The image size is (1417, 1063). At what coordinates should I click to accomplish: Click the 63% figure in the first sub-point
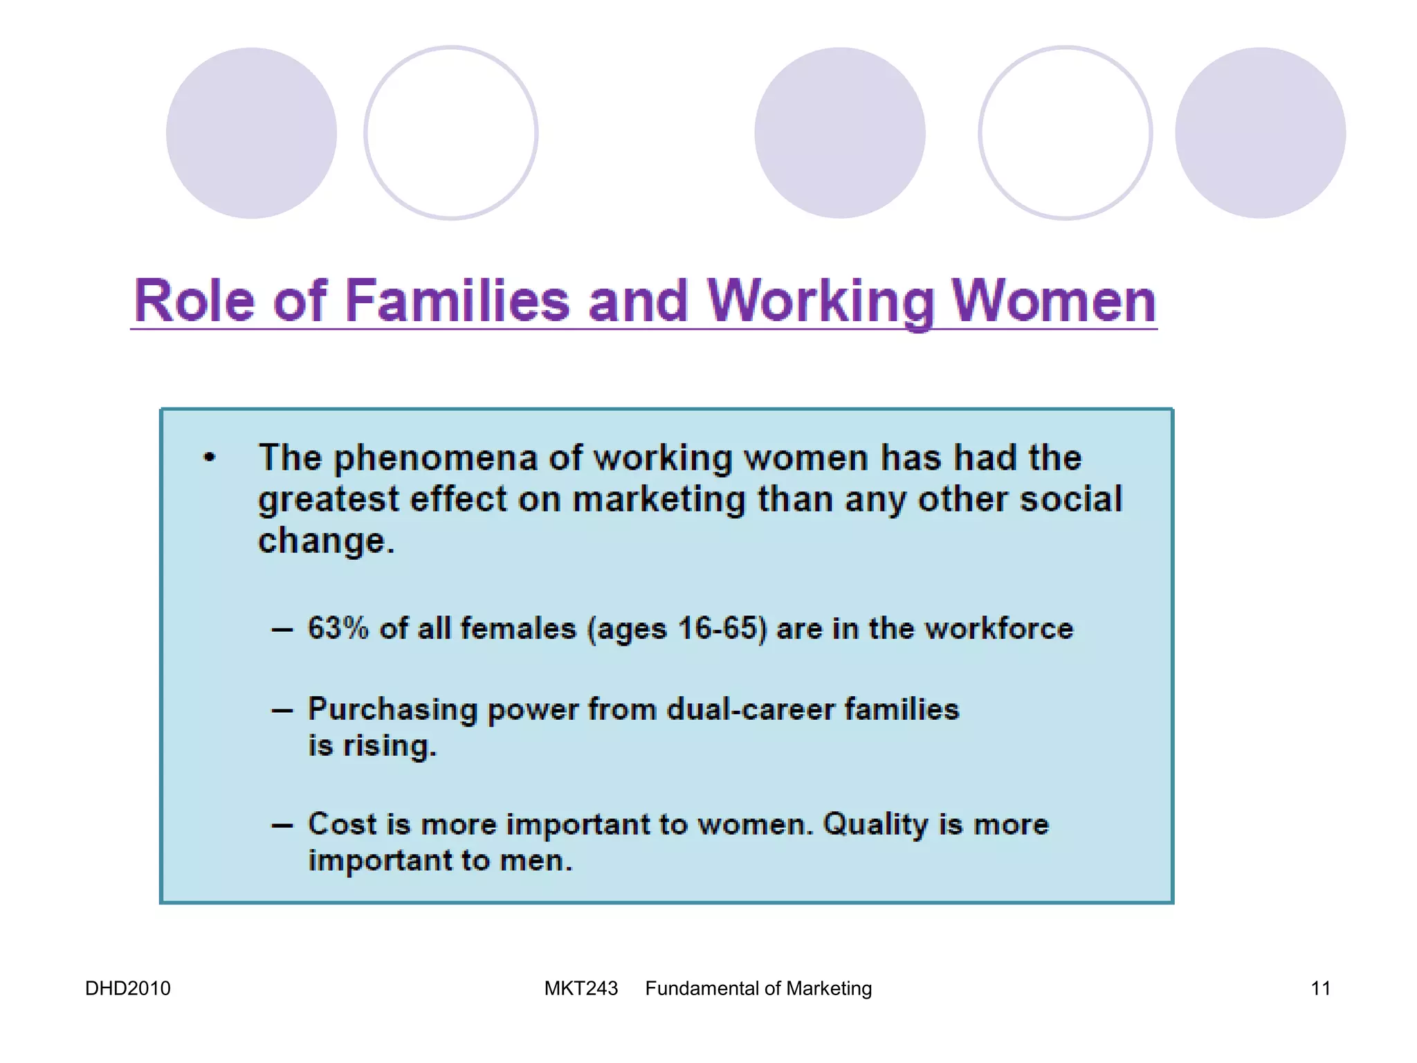tap(338, 628)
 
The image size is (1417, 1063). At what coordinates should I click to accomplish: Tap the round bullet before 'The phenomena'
tap(210, 457)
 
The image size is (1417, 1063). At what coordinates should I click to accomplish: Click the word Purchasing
tap(392, 710)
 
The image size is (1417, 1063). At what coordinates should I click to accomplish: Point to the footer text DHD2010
tap(127, 988)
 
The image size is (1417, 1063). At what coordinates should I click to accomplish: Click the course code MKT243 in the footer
tap(580, 988)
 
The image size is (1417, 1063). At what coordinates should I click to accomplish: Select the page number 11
tap(1320, 988)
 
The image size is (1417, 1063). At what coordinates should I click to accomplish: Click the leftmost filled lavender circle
tap(251, 133)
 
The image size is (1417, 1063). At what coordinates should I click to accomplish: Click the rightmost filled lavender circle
tap(1260, 133)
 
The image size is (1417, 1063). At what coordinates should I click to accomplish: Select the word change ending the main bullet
tap(322, 540)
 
